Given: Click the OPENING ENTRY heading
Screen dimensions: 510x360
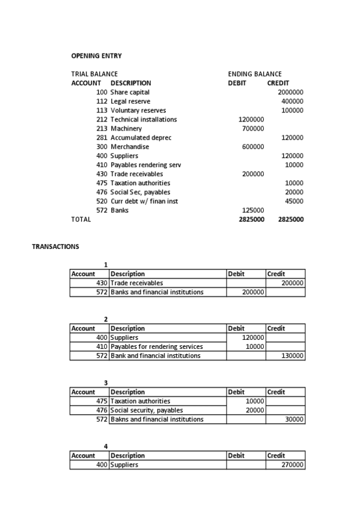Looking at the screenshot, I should [x=96, y=56].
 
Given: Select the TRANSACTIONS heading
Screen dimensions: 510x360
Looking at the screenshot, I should [x=55, y=247].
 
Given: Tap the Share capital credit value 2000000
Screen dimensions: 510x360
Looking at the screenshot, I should [x=290, y=92].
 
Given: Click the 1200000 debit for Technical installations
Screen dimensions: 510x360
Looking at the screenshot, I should [x=251, y=119].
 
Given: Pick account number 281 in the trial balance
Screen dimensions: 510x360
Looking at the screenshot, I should [x=102, y=138].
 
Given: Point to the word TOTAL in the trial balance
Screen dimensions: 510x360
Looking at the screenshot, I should [x=81, y=220].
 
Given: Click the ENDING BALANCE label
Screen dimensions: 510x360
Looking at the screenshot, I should [x=255, y=74].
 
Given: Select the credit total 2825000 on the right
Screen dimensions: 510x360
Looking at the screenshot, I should [x=291, y=220].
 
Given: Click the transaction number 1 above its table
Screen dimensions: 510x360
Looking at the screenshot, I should [x=106, y=265].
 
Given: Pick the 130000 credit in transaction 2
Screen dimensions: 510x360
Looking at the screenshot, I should [x=292, y=355].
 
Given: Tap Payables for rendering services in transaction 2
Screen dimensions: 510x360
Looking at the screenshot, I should [x=157, y=346].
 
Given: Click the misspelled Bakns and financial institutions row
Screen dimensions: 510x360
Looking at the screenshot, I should [x=157, y=419].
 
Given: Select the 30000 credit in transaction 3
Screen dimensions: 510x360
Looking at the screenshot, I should [x=294, y=419].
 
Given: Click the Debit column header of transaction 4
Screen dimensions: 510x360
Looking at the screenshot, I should [x=236, y=455].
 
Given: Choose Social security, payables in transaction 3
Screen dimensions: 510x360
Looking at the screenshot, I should [x=147, y=410].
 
